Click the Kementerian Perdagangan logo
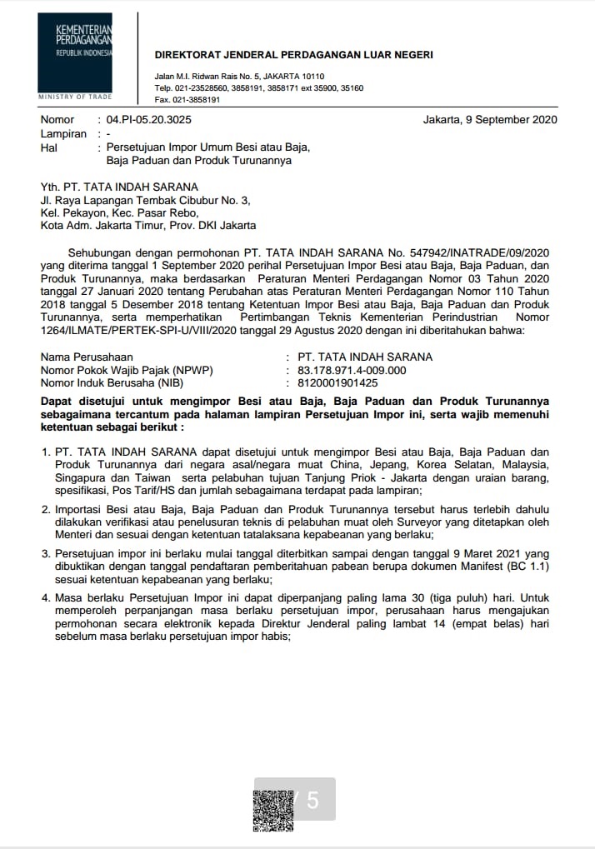click(75, 52)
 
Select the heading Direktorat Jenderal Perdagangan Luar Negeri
click(294, 55)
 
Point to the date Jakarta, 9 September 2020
click(490, 120)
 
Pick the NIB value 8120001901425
click(332, 383)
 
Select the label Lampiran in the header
click(63, 133)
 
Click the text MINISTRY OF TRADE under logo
click(74, 97)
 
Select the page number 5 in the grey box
click(312, 801)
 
